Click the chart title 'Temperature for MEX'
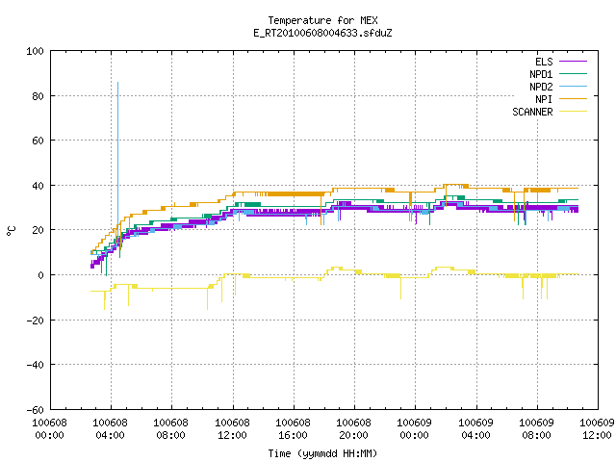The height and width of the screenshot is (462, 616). pyautogui.click(x=322, y=20)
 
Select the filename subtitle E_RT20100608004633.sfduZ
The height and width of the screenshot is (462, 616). pyautogui.click(x=322, y=33)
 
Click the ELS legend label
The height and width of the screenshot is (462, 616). pyautogui.click(x=544, y=62)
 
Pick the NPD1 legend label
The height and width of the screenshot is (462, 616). pyautogui.click(x=541, y=74)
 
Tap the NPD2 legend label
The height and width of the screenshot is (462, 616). pyautogui.click(x=541, y=87)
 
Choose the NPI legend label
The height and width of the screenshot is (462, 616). pyautogui.click(x=544, y=99)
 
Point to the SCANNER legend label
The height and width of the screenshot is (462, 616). pyautogui.click(x=532, y=112)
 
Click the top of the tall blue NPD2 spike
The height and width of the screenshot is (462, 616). pyautogui.click(x=117, y=83)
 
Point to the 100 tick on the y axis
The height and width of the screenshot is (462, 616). pyautogui.click(x=35, y=51)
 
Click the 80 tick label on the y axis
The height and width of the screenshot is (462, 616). pyautogui.click(x=38, y=96)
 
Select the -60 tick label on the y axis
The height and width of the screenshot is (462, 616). pyautogui.click(x=35, y=410)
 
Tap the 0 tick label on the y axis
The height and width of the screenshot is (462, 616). pyautogui.click(x=40, y=275)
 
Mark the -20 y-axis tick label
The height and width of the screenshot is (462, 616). pyautogui.click(x=35, y=321)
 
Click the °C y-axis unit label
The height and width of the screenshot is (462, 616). pyautogui.click(x=11, y=231)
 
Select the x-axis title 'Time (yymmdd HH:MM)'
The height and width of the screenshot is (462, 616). pyautogui.click(x=322, y=453)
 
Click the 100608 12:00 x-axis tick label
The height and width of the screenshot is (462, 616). pyautogui.click(x=232, y=429)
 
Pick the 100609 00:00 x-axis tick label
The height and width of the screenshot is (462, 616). pyautogui.click(x=415, y=429)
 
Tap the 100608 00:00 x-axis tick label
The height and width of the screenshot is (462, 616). pyautogui.click(x=49, y=429)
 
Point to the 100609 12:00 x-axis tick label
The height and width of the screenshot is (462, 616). pyautogui.click(x=597, y=429)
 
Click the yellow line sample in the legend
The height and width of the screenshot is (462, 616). pyautogui.click(x=574, y=112)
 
